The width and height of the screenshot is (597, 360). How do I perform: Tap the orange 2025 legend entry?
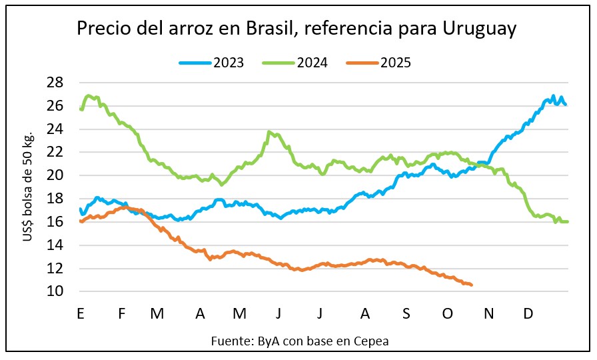pos(379,63)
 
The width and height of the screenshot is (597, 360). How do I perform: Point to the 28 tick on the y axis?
pos(55,83)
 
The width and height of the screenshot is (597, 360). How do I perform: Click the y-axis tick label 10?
pos(55,291)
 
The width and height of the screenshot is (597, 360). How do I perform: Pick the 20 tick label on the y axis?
pos(55,175)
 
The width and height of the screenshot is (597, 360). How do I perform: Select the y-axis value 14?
pos(55,245)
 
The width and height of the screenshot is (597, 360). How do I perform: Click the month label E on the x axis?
pos(80,313)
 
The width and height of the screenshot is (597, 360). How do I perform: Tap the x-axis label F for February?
pos(121,313)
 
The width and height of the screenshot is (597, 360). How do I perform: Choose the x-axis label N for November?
pos(490,313)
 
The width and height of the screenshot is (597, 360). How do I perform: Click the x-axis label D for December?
pos(528,313)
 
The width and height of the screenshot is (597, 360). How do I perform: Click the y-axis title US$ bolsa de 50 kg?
pos(29,187)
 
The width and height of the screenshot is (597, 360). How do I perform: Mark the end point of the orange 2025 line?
pos(472,285)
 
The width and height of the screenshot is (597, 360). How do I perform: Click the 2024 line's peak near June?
pos(269,132)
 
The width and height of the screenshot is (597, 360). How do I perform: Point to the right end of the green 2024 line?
pos(568,221)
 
